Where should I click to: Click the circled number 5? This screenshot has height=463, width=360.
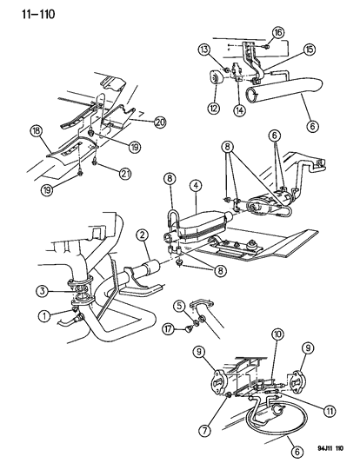[x=178, y=306]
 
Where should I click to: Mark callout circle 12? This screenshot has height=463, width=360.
[x=213, y=108]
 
